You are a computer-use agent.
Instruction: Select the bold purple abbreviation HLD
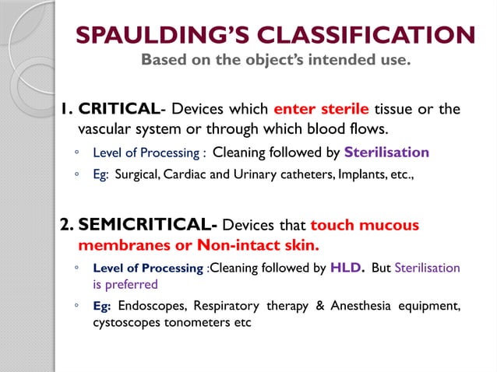pyautogui.click(x=347, y=267)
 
